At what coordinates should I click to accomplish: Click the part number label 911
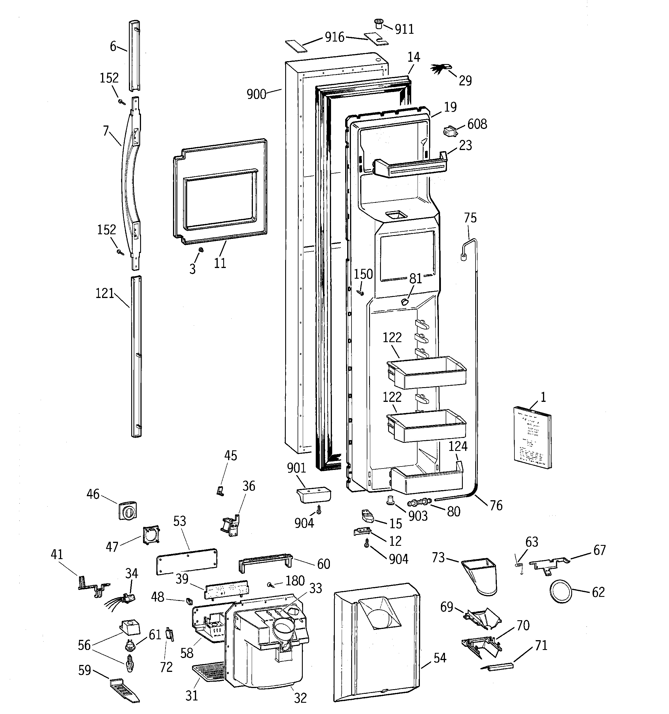point(404,29)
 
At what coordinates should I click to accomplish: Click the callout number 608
point(477,124)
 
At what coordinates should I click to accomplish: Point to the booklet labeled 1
point(533,438)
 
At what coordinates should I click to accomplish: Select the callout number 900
point(256,94)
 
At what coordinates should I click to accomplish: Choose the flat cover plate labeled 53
point(187,561)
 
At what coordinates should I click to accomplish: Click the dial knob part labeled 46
point(128,510)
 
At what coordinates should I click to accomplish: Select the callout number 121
point(104,293)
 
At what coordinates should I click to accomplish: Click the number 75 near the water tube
point(470,218)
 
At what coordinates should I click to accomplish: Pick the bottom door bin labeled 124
point(427,480)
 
